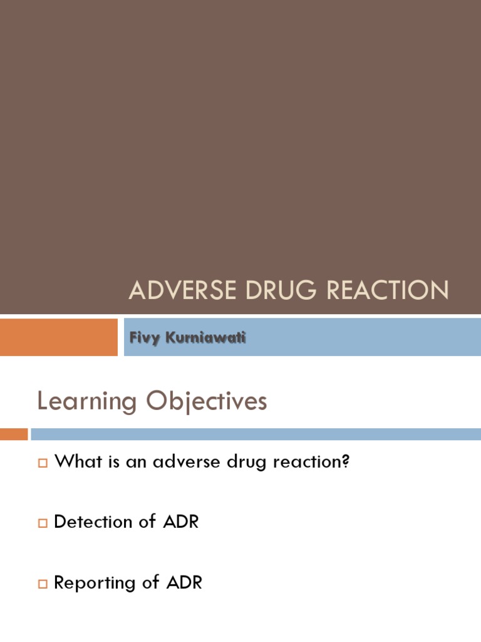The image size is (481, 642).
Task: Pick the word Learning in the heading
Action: (86, 402)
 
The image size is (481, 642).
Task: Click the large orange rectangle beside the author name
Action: (58, 337)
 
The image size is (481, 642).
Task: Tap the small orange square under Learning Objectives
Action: (14, 434)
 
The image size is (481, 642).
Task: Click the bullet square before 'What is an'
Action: (43, 463)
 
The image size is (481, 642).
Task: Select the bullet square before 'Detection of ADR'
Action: (43, 523)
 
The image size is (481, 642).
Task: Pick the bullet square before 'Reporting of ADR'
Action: (43, 584)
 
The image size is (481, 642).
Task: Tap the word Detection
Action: (93, 522)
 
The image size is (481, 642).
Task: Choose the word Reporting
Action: (95, 583)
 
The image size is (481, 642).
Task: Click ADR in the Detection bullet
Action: (181, 522)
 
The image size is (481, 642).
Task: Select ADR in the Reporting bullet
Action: (184, 582)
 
